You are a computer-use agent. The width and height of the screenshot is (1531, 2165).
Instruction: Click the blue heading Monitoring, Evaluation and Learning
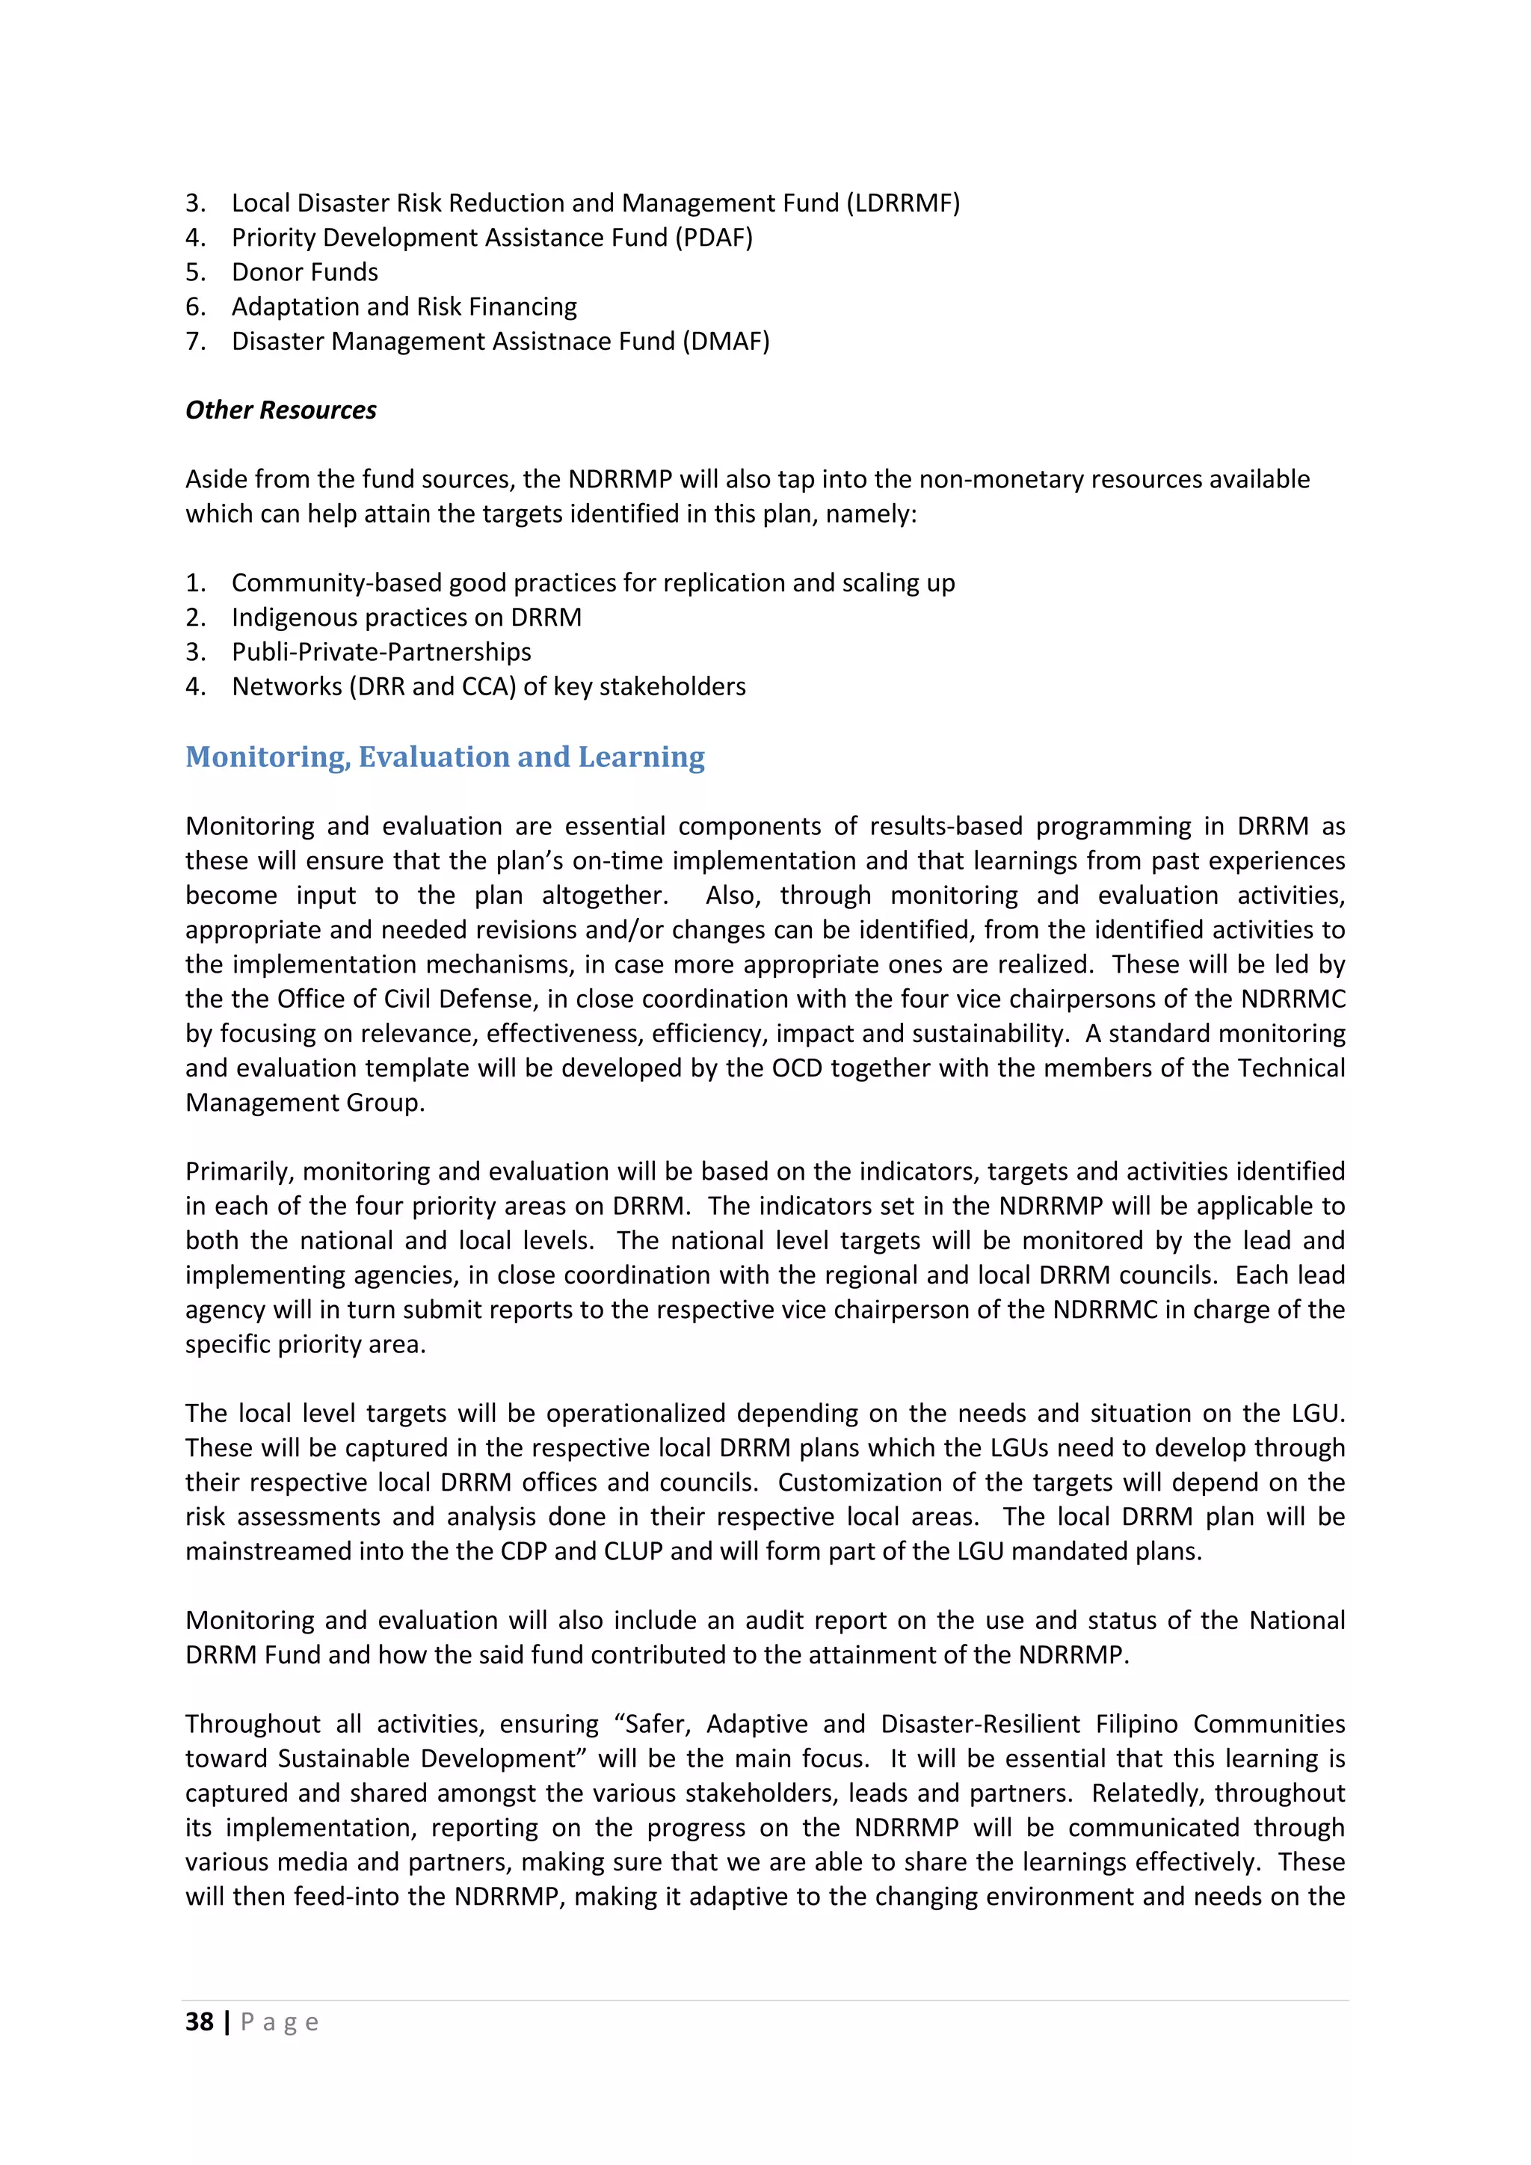click(x=444, y=757)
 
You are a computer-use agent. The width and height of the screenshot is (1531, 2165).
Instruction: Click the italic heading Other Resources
click(x=280, y=410)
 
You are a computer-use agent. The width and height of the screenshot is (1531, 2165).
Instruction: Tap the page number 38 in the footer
click(x=199, y=2021)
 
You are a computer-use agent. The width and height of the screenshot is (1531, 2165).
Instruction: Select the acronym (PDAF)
click(x=714, y=238)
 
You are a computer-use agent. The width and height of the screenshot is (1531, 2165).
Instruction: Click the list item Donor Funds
click(x=304, y=273)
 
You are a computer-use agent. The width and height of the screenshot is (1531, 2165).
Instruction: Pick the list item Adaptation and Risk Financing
click(x=404, y=307)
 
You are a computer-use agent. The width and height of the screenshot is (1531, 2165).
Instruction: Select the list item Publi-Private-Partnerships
click(x=381, y=652)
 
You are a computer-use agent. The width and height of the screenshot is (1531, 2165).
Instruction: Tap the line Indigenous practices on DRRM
click(x=407, y=618)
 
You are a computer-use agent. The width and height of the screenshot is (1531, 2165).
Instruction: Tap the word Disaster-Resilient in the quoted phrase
click(x=981, y=1724)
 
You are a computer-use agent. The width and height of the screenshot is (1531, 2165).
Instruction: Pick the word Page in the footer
click(x=280, y=2021)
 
